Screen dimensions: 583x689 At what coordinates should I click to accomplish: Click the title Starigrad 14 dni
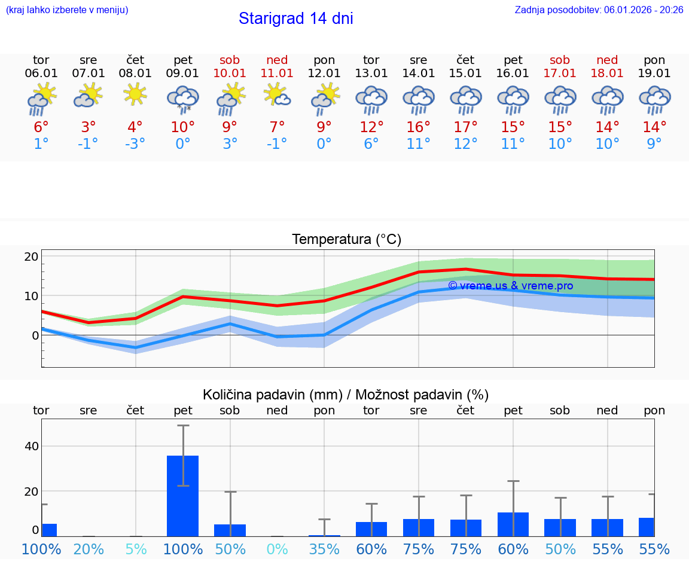pos(295,19)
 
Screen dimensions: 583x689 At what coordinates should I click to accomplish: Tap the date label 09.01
pos(182,74)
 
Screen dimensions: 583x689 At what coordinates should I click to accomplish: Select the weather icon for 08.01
pos(135,94)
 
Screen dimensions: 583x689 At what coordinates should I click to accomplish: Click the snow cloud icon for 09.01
pos(182,98)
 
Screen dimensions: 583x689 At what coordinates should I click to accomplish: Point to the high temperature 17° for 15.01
pos(465,127)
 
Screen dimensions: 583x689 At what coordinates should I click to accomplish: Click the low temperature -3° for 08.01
pos(135,144)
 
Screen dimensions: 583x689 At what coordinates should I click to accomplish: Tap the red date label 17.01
pos(560,74)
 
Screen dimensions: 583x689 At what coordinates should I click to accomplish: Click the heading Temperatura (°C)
pos(346,240)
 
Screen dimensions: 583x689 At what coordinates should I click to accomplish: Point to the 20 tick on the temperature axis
pos(31,257)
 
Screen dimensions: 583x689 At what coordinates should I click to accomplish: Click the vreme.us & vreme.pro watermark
pos(510,286)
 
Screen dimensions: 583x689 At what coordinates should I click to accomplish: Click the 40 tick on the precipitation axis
pos(31,446)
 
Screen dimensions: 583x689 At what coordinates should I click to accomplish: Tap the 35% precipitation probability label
pos(324,549)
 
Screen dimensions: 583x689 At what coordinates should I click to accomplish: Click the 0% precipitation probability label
pos(277,549)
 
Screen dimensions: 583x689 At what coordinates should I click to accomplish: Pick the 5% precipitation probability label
pos(136,549)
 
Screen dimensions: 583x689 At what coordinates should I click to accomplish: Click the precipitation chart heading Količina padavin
pos(346,395)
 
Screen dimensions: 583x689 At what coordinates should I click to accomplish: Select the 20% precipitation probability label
pos(89,549)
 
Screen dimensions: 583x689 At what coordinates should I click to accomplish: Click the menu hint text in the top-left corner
pos(67,10)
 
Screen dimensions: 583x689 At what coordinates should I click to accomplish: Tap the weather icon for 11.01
pos(277,94)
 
